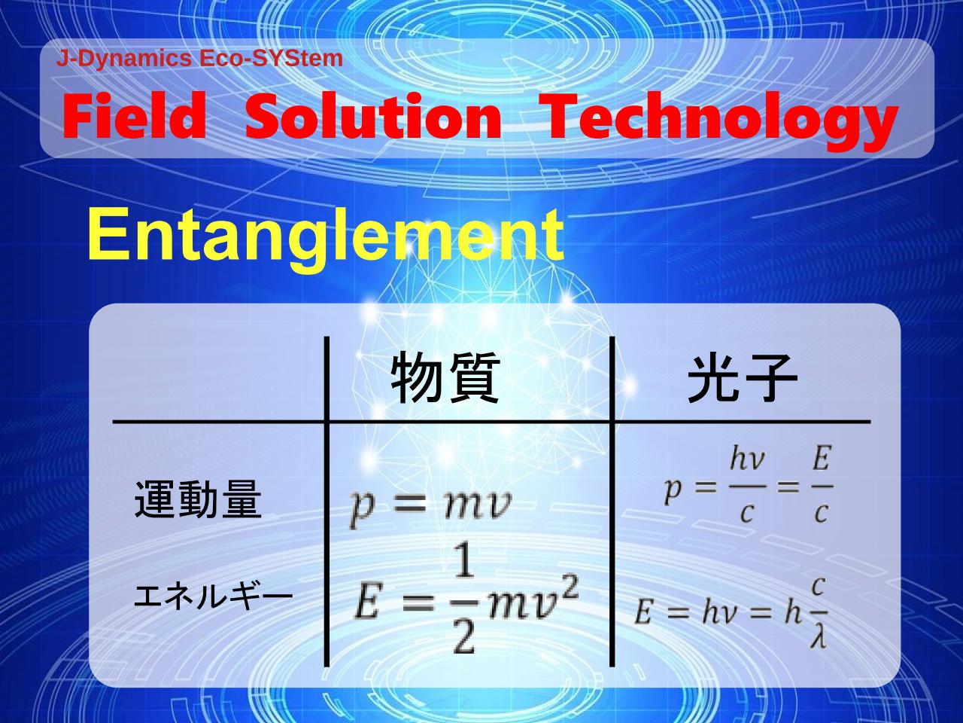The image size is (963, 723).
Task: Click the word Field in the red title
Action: [134, 116]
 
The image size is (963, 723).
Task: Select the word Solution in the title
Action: [373, 116]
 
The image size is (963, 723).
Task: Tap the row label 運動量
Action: [198, 499]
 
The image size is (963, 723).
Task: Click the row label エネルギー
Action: [213, 597]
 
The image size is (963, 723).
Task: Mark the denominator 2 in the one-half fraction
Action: [464, 639]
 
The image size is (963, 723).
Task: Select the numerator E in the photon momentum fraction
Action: [822, 459]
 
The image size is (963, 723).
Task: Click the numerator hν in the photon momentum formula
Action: [747, 459]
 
